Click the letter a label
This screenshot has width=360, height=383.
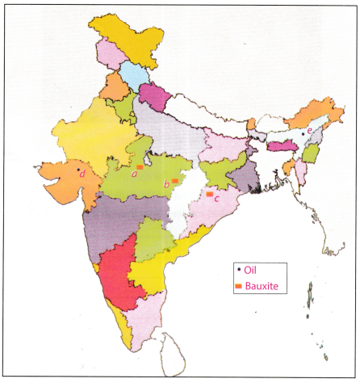point(133,171)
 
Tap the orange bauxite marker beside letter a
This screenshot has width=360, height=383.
point(140,166)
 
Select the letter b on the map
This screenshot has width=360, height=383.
point(165,185)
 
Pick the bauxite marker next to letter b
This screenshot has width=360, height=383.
point(173,182)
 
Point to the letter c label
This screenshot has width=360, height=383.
point(216,199)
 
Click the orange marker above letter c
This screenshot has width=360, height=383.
point(209,194)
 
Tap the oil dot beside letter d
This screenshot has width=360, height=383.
point(77,170)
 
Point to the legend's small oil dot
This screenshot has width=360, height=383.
point(238,269)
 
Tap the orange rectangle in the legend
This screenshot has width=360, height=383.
point(238,287)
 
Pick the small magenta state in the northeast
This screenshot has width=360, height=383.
point(278,146)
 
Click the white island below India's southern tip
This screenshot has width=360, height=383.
point(172,350)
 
